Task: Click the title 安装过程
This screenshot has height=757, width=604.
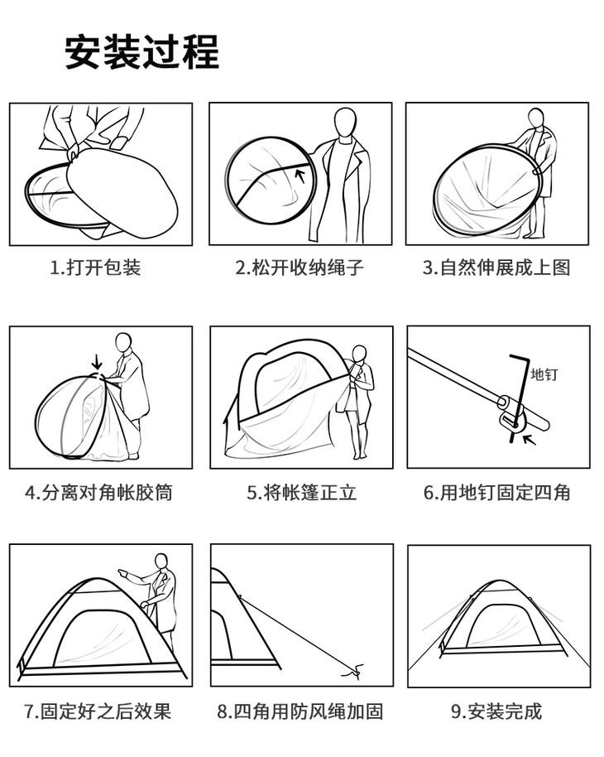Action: [x=142, y=52]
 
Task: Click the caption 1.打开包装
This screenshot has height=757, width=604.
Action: [x=95, y=267]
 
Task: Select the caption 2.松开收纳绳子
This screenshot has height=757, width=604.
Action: [x=300, y=267]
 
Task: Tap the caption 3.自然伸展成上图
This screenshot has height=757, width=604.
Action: [x=496, y=267]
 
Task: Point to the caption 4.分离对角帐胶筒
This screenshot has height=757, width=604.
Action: [x=98, y=493]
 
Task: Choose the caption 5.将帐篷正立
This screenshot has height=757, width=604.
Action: [x=302, y=493]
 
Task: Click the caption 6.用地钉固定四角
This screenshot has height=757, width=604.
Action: [x=497, y=493]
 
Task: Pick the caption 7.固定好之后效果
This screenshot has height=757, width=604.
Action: [x=98, y=711]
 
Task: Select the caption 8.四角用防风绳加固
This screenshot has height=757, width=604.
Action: [x=300, y=711]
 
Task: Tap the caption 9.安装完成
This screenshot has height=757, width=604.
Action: [x=496, y=711]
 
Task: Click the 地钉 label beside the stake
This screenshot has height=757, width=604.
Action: [x=544, y=374]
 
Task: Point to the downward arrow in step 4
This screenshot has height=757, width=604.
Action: [x=98, y=362]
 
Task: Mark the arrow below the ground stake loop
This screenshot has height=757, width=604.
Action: [x=530, y=439]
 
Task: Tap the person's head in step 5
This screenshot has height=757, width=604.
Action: [x=359, y=354]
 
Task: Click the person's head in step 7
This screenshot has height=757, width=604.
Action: [x=161, y=562]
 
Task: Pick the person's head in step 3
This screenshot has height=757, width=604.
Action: [x=535, y=118]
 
